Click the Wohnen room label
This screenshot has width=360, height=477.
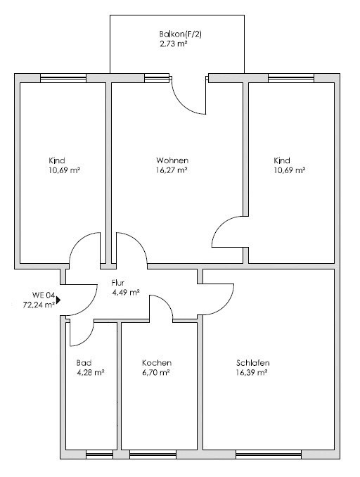pyautogui.click(x=172, y=160)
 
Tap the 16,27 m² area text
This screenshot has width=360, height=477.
pyautogui.click(x=172, y=170)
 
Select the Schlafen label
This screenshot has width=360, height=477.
pyautogui.click(x=253, y=363)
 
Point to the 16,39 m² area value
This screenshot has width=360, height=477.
pyautogui.click(x=252, y=373)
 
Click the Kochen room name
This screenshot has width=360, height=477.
pyautogui.click(x=157, y=363)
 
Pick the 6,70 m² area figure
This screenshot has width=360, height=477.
pyautogui.click(x=156, y=373)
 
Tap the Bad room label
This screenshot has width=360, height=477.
pyautogui.click(x=84, y=363)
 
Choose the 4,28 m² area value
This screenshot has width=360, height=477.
pyautogui.click(x=91, y=373)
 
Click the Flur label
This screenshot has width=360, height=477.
pyautogui.click(x=118, y=283)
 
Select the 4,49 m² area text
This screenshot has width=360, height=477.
pyautogui.click(x=126, y=293)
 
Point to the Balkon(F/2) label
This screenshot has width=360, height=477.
pyautogui.click(x=181, y=34)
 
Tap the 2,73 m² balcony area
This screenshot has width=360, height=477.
pyautogui.click(x=173, y=44)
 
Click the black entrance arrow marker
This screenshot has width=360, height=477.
pyautogui.click(x=58, y=300)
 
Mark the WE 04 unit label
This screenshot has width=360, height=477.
pyautogui.click(x=44, y=295)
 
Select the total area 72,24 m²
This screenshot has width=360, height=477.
pyautogui.click(x=39, y=305)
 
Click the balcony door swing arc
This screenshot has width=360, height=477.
pyautogui.click(x=184, y=106)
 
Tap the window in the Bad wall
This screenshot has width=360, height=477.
pyautogui.click(x=99, y=454)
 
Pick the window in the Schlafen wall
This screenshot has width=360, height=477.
pyautogui.click(x=269, y=454)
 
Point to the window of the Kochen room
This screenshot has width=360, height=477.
pyautogui.click(x=153, y=454)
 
